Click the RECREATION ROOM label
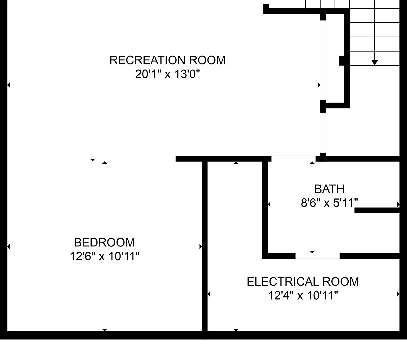(x=167, y=60)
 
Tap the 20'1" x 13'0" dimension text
(x=167, y=74)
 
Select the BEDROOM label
(x=104, y=243)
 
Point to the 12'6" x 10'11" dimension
(x=104, y=257)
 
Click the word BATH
(x=329, y=189)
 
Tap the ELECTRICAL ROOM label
(x=303, y=282)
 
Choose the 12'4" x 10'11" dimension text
(x=303, y=296)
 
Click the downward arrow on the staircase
(x=374, y=62)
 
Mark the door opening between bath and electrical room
(x=317, y=256)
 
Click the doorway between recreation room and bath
(x=292, y=159)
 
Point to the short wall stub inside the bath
(x=377, y=211)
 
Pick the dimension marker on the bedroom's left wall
(x=8, y=246)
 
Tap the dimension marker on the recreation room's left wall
(x=8, y=85)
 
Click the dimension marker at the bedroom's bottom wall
(x=104, y=330)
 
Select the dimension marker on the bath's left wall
(x=269, y=204)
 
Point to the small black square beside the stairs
(x=342, y=60)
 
